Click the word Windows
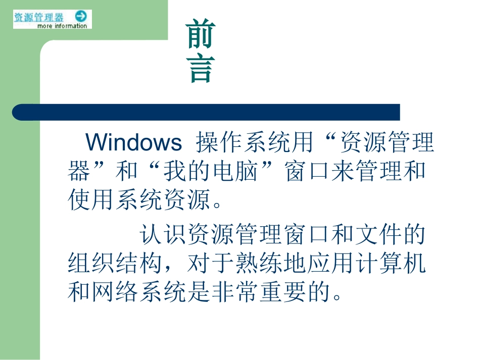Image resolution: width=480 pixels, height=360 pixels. pyautogui.click(x=133, y=143)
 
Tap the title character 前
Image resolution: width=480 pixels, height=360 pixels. pyautogui.click(x=201, y=34)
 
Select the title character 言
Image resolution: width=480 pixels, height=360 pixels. pyautogui.click(x=201, y=69)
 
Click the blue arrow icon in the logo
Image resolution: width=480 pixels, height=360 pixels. pyautogui.click(x=81, y=16)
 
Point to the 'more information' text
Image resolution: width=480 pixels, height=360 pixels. pyautogui.click(x=62, y=26)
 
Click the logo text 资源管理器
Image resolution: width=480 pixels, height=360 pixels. pyautogui.click(x=39, y=17)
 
